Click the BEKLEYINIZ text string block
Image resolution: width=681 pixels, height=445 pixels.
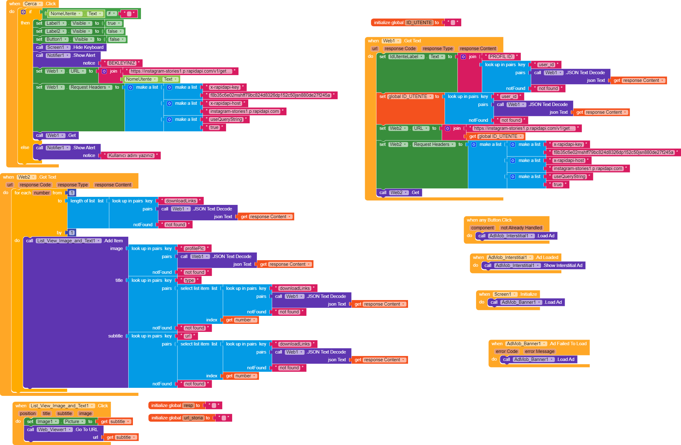click(x=122, y=63)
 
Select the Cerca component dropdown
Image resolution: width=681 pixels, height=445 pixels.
click(x=32, y=4)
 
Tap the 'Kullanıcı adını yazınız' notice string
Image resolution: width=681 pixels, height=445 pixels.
click(x=131, y=155)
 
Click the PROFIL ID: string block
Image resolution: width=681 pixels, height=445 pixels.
click(x=501, y=57)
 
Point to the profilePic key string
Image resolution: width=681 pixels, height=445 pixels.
click(x=194, y=248)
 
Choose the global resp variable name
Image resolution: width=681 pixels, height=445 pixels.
click(x=188, y=405)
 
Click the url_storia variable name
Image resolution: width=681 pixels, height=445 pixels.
click(x=193, y=418)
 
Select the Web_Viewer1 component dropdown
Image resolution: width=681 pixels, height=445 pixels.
click(x=54, y=430)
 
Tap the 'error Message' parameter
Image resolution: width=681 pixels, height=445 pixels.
click(x=539, y=351)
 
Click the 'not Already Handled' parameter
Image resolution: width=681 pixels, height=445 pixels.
click(x=521, y=228)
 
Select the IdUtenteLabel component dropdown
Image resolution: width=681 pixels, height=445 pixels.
click(x=406, y=57)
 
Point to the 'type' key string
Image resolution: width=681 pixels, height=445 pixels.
click(x=189, y=280)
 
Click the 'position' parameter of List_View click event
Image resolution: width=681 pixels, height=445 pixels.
click(x=28, y=413)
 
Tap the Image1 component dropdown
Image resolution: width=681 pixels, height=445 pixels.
click(x=47, y=422)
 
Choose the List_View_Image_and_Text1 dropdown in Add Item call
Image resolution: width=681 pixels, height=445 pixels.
click(x=68, y=241)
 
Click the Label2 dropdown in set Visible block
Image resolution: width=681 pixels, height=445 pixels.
click(x=56, y=31)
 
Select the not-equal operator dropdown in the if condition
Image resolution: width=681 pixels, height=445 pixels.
click(x=112, y=14)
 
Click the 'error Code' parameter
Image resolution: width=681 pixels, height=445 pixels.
click(x=506, y=351)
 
